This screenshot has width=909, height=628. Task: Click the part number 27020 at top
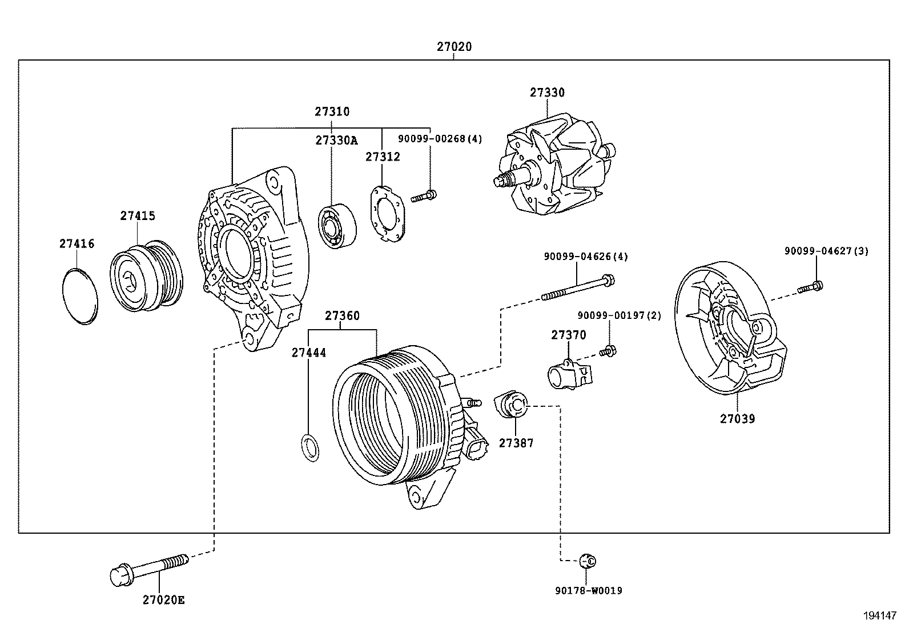coord(454,47)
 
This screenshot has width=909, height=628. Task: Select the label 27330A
coord(336,141)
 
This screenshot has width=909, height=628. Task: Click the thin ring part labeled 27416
coord(79,295)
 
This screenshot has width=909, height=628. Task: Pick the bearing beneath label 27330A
coord(337,226)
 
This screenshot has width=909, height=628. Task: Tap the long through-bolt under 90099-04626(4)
coord(577,289)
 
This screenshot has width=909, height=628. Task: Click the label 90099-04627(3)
coord(826,251)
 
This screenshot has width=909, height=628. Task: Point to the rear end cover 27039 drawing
coord(728,331)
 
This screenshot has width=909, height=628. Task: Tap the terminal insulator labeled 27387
coord(512,405)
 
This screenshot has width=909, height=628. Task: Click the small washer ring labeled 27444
coord(309,447)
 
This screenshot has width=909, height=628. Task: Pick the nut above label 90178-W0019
coord(587,561)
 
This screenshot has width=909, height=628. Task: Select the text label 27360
coord(342,315)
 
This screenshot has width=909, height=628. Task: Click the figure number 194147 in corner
coord(880,615)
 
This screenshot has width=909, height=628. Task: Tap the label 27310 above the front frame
coord(332,112)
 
